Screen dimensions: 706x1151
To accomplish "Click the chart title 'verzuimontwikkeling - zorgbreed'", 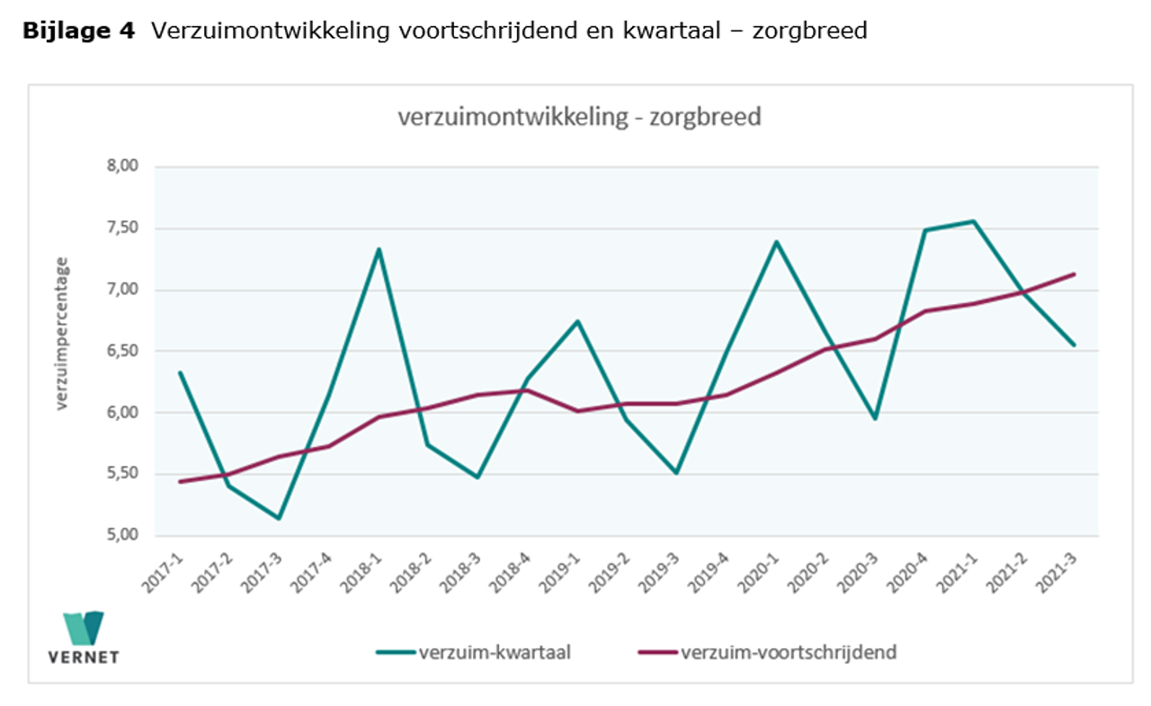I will [x=580, y=118].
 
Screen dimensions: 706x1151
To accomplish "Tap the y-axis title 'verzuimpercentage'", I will [x=61, y=334].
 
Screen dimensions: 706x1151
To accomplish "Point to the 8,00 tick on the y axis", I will [x=124, y=166].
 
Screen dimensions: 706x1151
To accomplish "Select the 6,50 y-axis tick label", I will [x=124, y=351].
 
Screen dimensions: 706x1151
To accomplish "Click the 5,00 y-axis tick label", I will [x=124, y=535].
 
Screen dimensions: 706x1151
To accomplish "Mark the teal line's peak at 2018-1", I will [x=379, y=249].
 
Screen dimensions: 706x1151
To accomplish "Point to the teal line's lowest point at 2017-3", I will [x=279, y=518].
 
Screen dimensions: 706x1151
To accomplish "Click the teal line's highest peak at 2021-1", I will [x=973, y=221].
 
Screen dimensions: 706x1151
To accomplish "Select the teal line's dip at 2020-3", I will [x=874, y=418].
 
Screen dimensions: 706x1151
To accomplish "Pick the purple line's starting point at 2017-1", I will [x=180, y=481].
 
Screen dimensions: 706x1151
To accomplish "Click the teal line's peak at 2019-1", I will [x=577, y=321].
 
